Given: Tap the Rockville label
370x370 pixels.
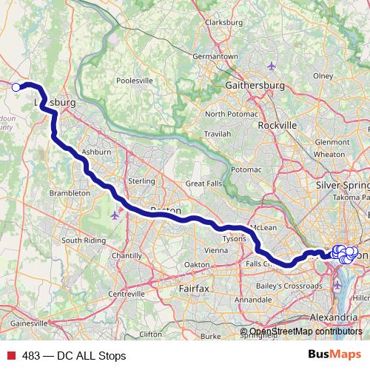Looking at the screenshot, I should (277, 125).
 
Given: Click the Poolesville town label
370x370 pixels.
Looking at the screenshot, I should (134, 79).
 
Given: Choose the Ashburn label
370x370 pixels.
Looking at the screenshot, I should (96, 152).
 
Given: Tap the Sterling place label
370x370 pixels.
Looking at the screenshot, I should (141, 181).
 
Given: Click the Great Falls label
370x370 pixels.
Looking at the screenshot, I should (204, 183).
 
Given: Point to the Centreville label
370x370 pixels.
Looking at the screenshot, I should (127, 294).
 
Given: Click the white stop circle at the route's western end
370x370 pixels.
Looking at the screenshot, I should (16, 87).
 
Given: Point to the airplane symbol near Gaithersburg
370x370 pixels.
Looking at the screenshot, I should (272, 67).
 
